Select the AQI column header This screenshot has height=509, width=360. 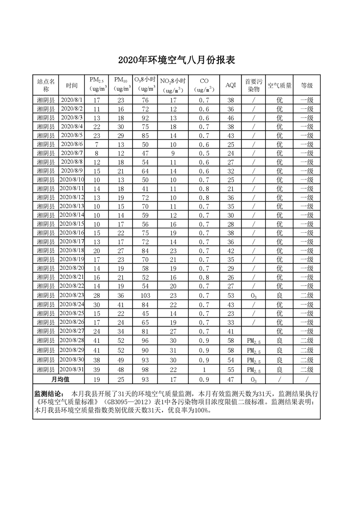(231, 85)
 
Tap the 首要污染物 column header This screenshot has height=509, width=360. (253, 85)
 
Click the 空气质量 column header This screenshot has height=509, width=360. (279, 85)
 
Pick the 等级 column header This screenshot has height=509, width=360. (306, 85)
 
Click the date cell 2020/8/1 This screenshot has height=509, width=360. (71, 100)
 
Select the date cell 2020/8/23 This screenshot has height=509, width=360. (71, 295)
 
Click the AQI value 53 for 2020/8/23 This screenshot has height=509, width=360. (231, 295)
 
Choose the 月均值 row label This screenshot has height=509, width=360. (59, 379)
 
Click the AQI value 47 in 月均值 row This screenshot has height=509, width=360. (231, 379)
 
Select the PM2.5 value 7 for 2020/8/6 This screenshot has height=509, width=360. (97, 144)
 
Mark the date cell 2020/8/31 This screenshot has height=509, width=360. (71, 370)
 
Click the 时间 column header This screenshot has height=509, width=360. (71, 85)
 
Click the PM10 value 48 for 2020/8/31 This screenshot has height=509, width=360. (121, 370)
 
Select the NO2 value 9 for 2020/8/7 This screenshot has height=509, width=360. (173, 153)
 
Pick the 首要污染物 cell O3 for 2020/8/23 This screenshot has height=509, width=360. (253, 296)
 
